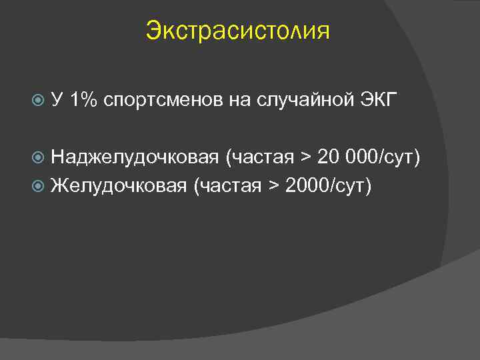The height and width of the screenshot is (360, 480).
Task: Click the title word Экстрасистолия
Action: click(237, 31)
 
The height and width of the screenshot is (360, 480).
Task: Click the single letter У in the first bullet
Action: click(58, 100)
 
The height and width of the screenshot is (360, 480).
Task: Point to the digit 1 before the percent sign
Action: click(74, 100)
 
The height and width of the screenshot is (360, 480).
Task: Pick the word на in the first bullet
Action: click(239, 101)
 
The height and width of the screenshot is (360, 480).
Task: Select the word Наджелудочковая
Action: click(135, 157)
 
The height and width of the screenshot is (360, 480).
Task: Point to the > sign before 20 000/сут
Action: click(305, 157)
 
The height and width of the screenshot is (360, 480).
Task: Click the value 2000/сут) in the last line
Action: click(327, 185)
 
